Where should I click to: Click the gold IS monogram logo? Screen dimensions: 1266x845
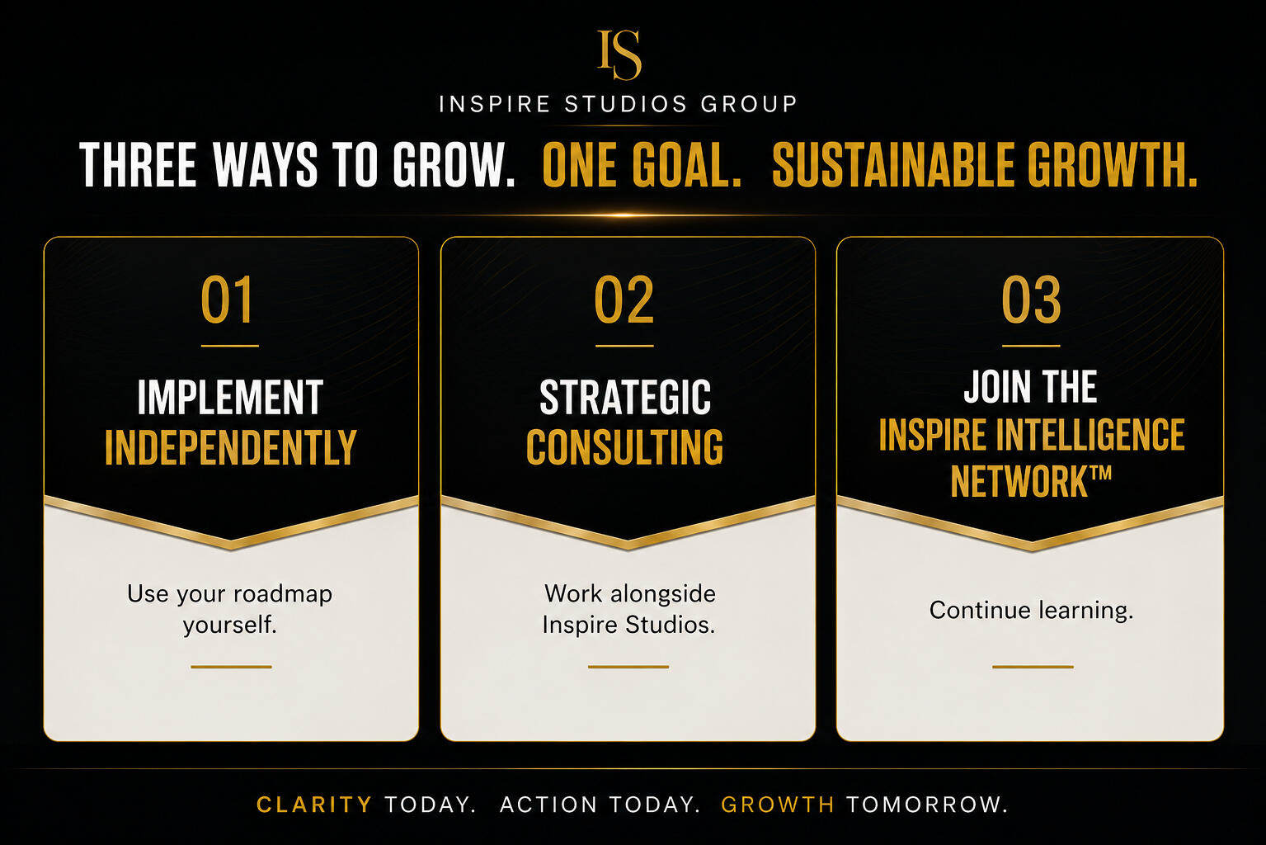click(x=619, y=54)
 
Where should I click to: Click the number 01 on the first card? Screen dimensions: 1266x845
click(x=227, y=300)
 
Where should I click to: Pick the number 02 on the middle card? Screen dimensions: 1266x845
click(x=624, y=300)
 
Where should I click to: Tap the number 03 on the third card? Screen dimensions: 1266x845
click(x=1031, y=300)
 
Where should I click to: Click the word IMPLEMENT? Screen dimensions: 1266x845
click(x=231, y=397)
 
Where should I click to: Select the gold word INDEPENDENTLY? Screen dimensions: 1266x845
click(x=231, y=446)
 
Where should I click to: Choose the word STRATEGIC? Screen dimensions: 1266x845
click(x=625, y=397)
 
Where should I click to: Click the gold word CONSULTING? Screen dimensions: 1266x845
click(x=625, y=446)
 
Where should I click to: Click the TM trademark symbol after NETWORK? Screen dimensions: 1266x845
click(x=1100, y=473)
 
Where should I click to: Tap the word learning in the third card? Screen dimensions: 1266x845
click(x=1086, y=611)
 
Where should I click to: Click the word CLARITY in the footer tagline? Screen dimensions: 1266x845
click(x=314, y=805)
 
